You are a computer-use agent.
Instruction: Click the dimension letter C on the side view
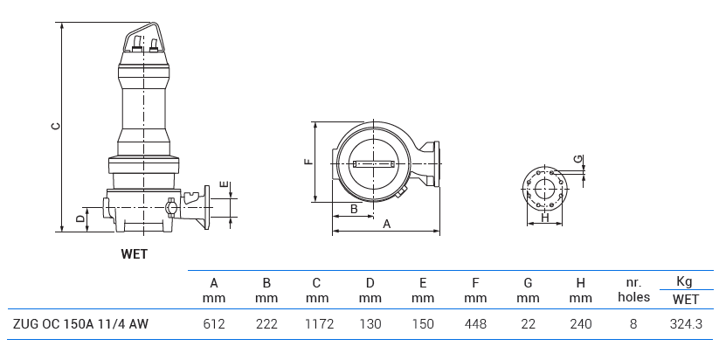(55, 125)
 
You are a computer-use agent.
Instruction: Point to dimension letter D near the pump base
(80, 218)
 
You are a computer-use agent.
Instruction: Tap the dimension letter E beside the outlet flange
(224, 184)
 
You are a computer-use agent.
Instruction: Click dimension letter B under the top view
(353, 209)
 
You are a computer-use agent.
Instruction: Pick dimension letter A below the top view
(385, 224)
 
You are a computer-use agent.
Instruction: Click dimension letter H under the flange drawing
(544, 218)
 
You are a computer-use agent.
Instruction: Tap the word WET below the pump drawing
(134, 254)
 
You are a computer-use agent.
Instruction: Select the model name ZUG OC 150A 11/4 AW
(80, 324)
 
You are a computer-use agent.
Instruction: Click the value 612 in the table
(214, 324)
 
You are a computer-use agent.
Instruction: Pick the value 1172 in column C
(317, 324)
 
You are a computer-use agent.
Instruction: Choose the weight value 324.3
(685, 324)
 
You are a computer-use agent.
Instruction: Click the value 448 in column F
(475, 324)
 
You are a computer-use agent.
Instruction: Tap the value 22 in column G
(528, 324)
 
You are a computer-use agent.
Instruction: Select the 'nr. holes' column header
(633, 290)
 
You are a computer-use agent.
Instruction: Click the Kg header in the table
(685, 281)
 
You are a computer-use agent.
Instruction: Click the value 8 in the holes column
(633, 324)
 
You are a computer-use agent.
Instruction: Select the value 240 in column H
(580, 324)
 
